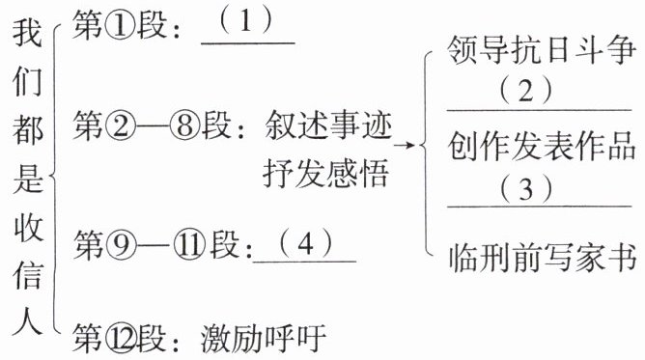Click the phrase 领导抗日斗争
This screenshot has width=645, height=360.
tap(542, 50)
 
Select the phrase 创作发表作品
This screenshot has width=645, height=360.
tap(542, 147)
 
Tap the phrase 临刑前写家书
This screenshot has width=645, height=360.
tap(542, 258)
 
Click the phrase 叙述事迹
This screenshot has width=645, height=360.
tap(328, 125)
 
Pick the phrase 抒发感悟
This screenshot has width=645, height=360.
tap(325, 173)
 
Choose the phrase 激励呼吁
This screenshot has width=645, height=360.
tap(264, 338)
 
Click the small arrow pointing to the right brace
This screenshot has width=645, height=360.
tap(405, 145)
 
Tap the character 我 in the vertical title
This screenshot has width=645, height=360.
tap(27, 33)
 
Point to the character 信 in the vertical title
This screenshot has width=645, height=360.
tap(27, 274)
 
